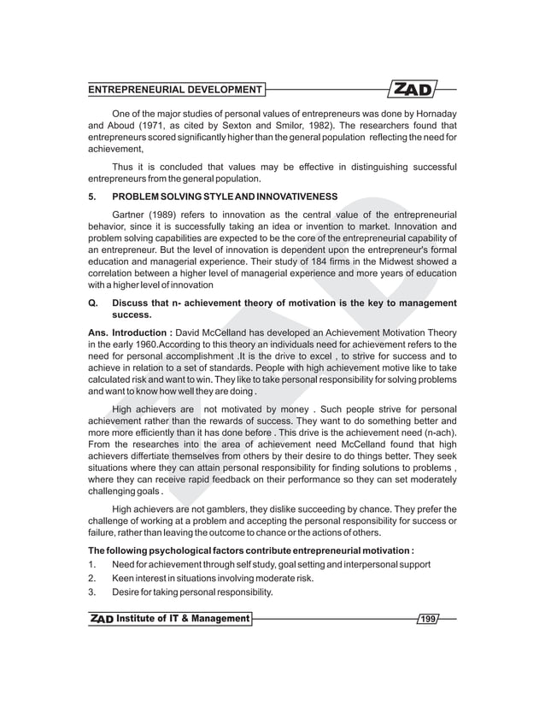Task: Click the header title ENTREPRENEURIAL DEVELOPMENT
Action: point(175,90)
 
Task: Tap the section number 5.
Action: point(91,197)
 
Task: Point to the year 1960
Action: point(143,344)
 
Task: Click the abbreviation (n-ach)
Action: point(437,432)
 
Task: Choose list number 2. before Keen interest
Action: point(91,579)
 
